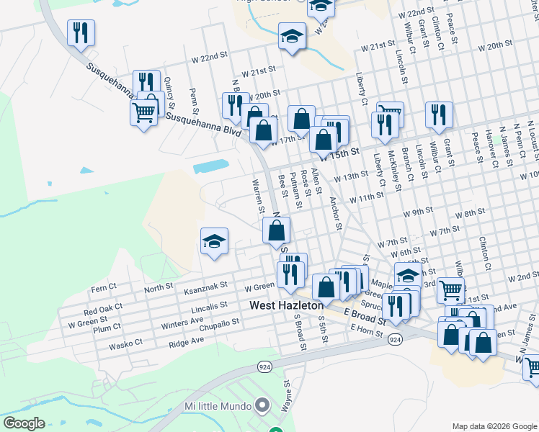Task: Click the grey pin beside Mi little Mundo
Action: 262,405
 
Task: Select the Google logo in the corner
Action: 24,423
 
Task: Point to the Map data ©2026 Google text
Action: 494,426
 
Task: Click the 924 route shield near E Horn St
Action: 394,338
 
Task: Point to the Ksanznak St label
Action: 205,287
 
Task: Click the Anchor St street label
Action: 335,213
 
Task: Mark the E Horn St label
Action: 365,328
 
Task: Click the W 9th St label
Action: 418,211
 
